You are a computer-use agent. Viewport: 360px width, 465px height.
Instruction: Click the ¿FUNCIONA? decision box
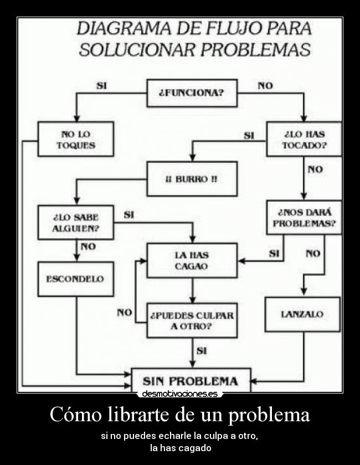(x=192, y=93)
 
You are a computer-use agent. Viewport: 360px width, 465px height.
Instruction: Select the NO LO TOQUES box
(x=76, y=139)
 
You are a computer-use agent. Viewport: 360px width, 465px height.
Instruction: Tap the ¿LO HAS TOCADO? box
(x=304, y=139)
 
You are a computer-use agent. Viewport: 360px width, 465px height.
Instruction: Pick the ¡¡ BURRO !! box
(x=192, y=178)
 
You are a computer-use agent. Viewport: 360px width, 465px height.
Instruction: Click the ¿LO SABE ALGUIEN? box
(x=76, y=222)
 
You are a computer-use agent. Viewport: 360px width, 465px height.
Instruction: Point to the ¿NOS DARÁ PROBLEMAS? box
(x=304, y=217)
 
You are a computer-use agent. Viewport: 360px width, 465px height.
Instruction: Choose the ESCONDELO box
(x=76, y=279)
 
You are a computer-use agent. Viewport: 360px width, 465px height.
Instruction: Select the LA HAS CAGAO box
(x=192, y=260)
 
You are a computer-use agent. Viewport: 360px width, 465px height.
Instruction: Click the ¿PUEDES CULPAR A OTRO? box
(x=192, y=320)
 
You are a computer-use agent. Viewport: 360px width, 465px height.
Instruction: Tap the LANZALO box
(x=302, y=314)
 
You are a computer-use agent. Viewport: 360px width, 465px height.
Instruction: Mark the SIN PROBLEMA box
(x=191, y=381)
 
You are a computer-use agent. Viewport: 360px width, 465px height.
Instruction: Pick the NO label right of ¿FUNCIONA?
(x=265, y=85)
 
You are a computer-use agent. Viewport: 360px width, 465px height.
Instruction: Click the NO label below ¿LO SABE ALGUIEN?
(x=88, y=247)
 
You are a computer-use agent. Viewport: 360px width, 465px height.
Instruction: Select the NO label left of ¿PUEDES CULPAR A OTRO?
(x=124, y=313)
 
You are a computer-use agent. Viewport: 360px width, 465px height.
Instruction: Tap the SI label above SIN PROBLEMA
(x=202, y=350)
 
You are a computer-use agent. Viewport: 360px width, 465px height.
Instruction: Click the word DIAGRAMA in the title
(x=124, y=28)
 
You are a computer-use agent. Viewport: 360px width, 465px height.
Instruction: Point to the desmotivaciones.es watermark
(x=179, y=394)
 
